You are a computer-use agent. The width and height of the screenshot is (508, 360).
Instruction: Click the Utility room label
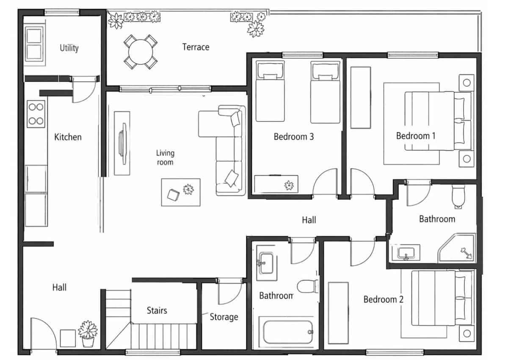(x=69, y=48)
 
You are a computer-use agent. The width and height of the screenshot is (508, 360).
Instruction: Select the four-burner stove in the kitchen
(x=36, y=114)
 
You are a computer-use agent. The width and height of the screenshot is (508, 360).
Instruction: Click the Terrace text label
(x=196, y=47)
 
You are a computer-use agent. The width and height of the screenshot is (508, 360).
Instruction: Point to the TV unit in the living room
(x=122, y=143)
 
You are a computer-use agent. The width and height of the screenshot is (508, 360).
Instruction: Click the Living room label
(x=165, y=157)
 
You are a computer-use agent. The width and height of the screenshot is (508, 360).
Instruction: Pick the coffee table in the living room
(x=181, y=192)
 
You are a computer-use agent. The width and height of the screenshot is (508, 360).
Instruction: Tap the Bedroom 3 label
(x=293, y=137)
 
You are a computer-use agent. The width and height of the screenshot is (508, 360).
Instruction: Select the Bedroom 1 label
(x=416, y=136)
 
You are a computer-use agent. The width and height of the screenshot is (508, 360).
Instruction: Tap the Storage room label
(x=224, y=317)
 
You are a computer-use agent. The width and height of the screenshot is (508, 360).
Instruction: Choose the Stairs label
(x=157, y=311)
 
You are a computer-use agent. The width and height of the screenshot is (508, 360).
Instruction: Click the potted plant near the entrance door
(x=88, y=333)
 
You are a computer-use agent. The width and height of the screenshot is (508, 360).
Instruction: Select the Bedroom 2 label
(x=384, y=300)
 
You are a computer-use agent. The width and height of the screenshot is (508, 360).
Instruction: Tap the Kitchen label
(x=68, y=137)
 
